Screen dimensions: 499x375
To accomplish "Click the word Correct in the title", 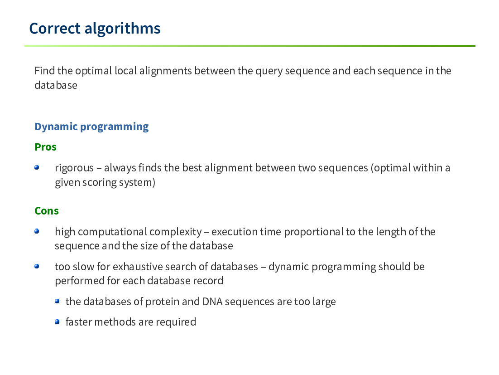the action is (55, 29).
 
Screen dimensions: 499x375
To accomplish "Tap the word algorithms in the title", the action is (123, 29).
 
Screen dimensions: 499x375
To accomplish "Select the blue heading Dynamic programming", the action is (91, 127).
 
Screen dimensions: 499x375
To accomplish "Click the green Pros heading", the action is (46, 147).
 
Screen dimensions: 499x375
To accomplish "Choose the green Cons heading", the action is (47, 211).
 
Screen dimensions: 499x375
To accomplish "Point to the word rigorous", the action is (74, 168).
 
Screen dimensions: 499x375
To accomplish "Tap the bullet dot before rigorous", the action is (37, 167).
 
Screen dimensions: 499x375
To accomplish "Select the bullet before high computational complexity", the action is (37, 231).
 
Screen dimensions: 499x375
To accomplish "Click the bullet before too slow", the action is (37, 266).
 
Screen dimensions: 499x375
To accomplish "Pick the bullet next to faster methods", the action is (58, 322).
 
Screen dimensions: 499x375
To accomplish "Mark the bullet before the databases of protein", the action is (58, 301).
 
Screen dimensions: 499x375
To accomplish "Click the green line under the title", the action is (250, 46).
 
